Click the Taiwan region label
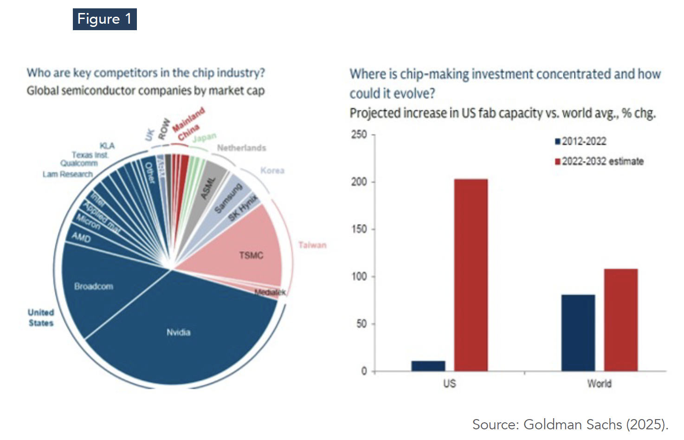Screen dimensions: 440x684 pyautogui.click(x=312, y=245)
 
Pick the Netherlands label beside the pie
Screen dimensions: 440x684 pyautogui.click(x=241, y=148)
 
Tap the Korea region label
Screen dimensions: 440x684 pyautogui.click(x=272, y=170)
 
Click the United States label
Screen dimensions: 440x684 pyautogui.click(x=41, y=318)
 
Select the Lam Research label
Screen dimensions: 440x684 pyautogui.click(x=68, y=174)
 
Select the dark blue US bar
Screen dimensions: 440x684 pyautogui.click(x=428, y=366)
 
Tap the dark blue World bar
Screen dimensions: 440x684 pyautogui.click(x=578, y=333)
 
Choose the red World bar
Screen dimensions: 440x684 pyautogui.click(x=620, y=320)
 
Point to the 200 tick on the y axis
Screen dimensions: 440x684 pyautogui.click(x=359, y=181)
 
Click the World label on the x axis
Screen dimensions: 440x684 pyautogui.click(x=599, y=384)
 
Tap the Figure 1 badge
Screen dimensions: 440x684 pyautogui.click(x=104, y=19)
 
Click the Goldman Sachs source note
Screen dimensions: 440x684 pyautogui.click(x=570, y=424)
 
